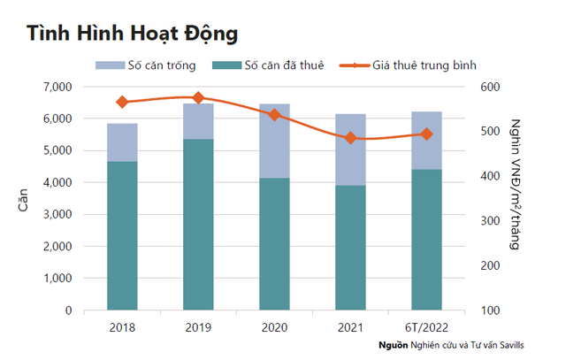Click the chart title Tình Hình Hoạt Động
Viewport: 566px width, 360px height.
click(132, 34)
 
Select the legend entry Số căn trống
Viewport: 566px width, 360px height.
click(145, 65)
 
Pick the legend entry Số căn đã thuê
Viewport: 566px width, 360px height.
click(268, 65)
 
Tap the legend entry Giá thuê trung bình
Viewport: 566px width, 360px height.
click(408, 65)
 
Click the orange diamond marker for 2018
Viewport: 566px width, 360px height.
click(122, 102)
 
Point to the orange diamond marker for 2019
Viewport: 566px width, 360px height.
click(198, 97)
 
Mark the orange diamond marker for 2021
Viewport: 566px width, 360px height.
click(350, 138)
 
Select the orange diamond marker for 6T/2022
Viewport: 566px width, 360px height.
click(426, 134)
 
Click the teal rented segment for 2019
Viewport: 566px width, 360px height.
click(198, 225)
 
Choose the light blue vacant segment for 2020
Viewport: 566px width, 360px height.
click(274, 141)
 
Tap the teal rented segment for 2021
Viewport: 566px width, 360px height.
click(350, 248)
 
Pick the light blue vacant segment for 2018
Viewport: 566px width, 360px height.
click(122, 142)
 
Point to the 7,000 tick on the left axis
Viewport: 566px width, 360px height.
click(57, 87)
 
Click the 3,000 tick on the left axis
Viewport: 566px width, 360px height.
click(57, 214)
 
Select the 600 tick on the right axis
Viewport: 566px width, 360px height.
click(490, 87)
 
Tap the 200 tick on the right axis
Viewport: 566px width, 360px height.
click(490, 265)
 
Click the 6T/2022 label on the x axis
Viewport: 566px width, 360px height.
click(426, 327)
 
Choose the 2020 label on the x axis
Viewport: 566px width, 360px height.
click(274, 327)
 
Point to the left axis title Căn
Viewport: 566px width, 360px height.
click(23, 200)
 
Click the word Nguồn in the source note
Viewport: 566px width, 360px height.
click(394, 345)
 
